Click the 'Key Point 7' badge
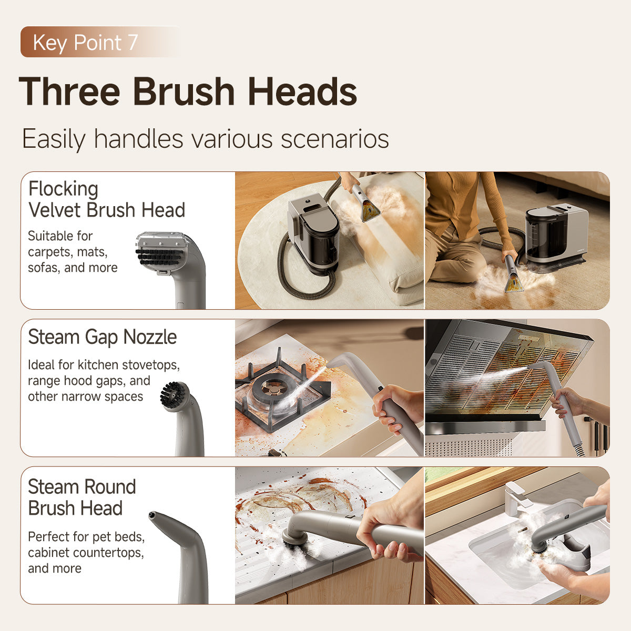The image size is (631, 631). point(85,42)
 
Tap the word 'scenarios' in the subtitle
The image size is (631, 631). point(334,139)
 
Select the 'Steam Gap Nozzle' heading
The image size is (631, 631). point(102,337)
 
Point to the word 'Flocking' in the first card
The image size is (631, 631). point(63,188)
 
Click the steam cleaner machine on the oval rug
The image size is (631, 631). point(314,231)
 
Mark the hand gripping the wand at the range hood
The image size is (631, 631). point(565,402)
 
